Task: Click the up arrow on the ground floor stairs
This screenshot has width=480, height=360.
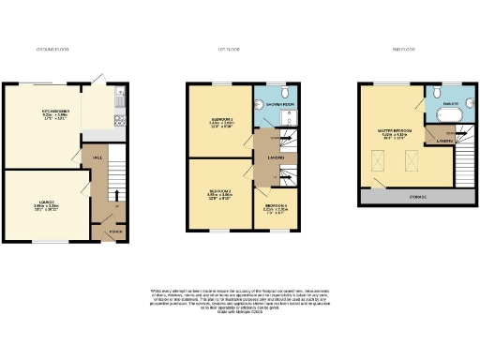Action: (115, 195)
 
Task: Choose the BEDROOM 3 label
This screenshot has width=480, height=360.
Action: (219, 119)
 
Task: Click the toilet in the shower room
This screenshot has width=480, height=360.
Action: (258, 104)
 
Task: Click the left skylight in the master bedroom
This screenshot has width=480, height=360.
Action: (378, 165)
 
